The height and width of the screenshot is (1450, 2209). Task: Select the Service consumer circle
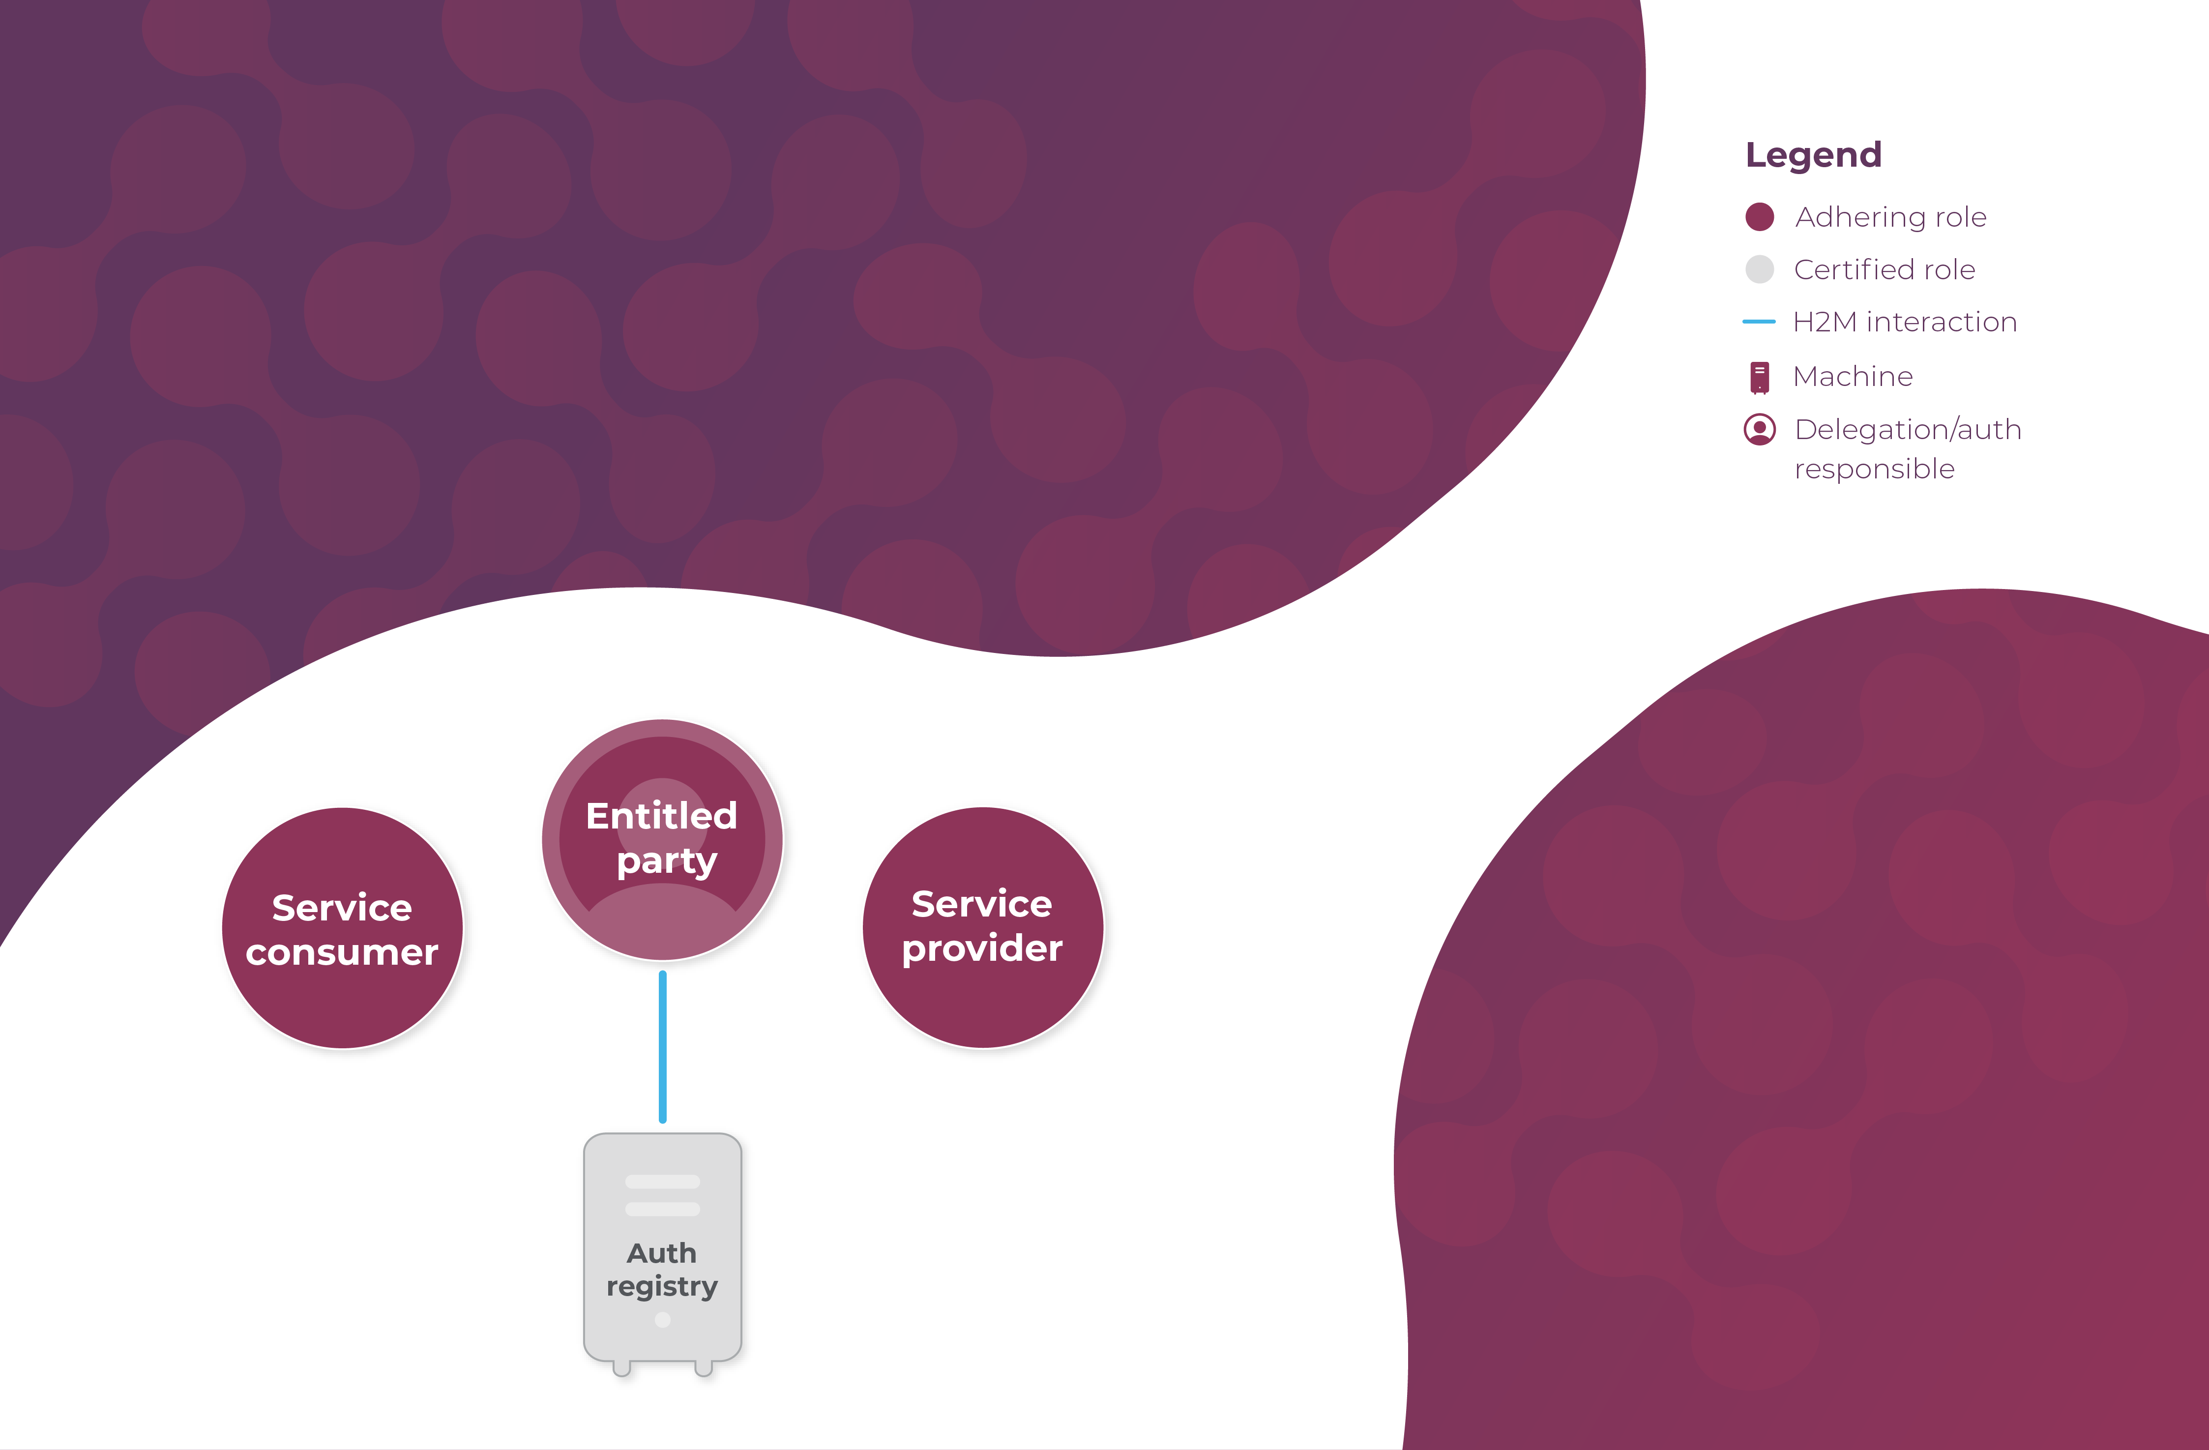point(343,928)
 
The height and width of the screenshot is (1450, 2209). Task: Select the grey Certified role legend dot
point(1759,269)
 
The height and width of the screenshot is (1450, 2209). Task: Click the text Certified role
point(1884,269)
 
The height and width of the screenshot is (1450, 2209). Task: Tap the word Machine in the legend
point(1853,376)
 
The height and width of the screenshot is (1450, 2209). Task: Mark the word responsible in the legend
point(1874,469)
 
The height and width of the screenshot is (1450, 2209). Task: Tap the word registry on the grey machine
point(662,1287)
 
